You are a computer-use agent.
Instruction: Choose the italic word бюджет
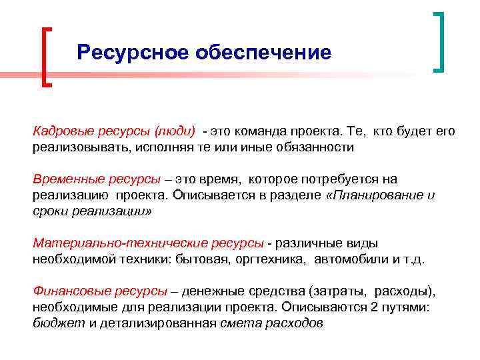[54, 324]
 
